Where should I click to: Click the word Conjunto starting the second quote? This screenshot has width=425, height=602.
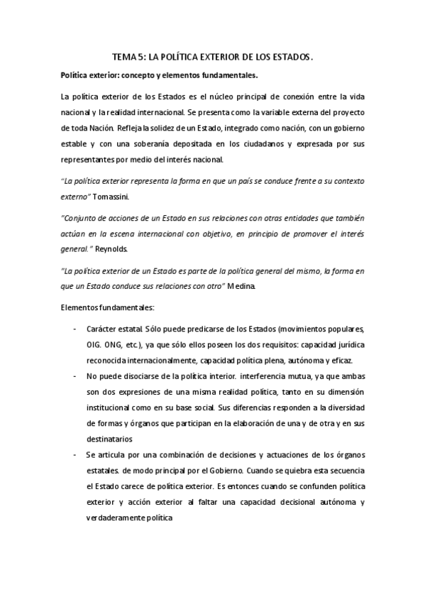(83, 216)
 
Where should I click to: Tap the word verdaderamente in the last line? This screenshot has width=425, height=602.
(127, 518)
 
